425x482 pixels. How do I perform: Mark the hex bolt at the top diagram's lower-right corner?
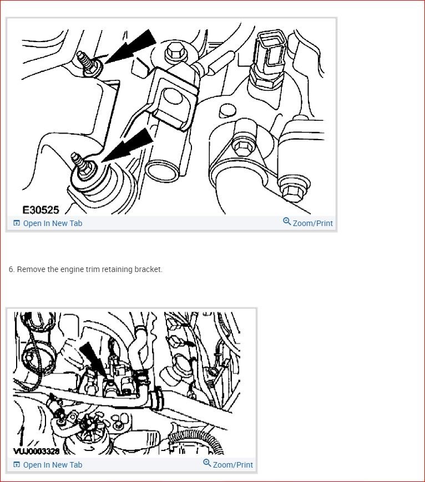291,190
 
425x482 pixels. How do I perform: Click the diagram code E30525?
41,210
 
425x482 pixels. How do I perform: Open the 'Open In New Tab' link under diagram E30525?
52,223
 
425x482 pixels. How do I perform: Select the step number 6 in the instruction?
11,269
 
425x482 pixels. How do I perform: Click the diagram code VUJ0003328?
36,451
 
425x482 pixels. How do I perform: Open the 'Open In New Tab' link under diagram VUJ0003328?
52,465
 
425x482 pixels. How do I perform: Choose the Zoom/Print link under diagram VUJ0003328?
232,465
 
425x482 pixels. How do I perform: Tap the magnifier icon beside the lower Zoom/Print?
207,463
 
